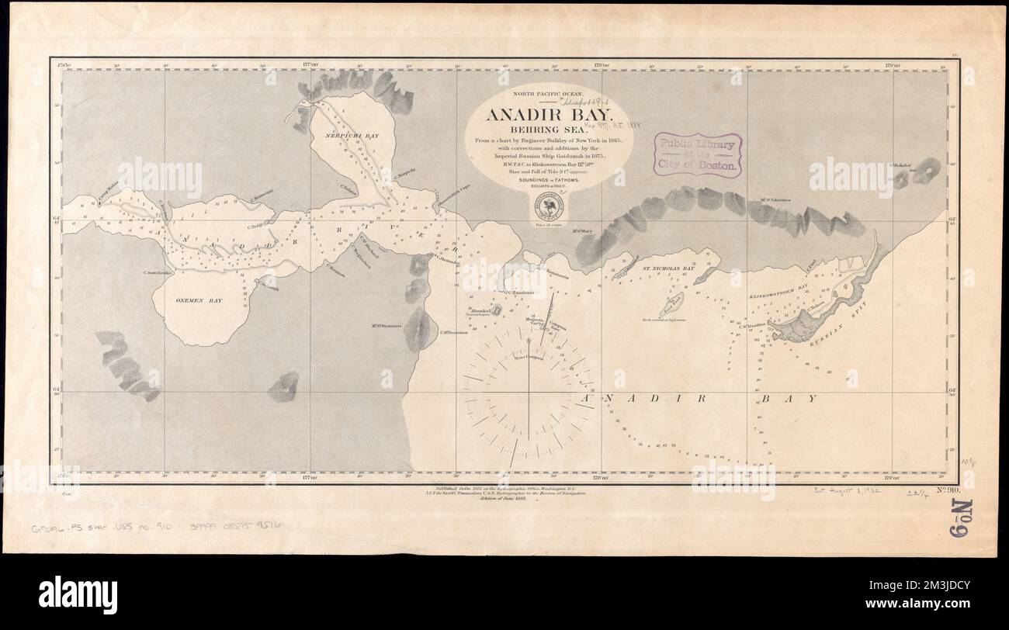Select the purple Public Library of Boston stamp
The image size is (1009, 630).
pyautogui.click(x=697, y=154)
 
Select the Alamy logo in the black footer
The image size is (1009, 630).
pyautogui.click(x=78, y=595)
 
